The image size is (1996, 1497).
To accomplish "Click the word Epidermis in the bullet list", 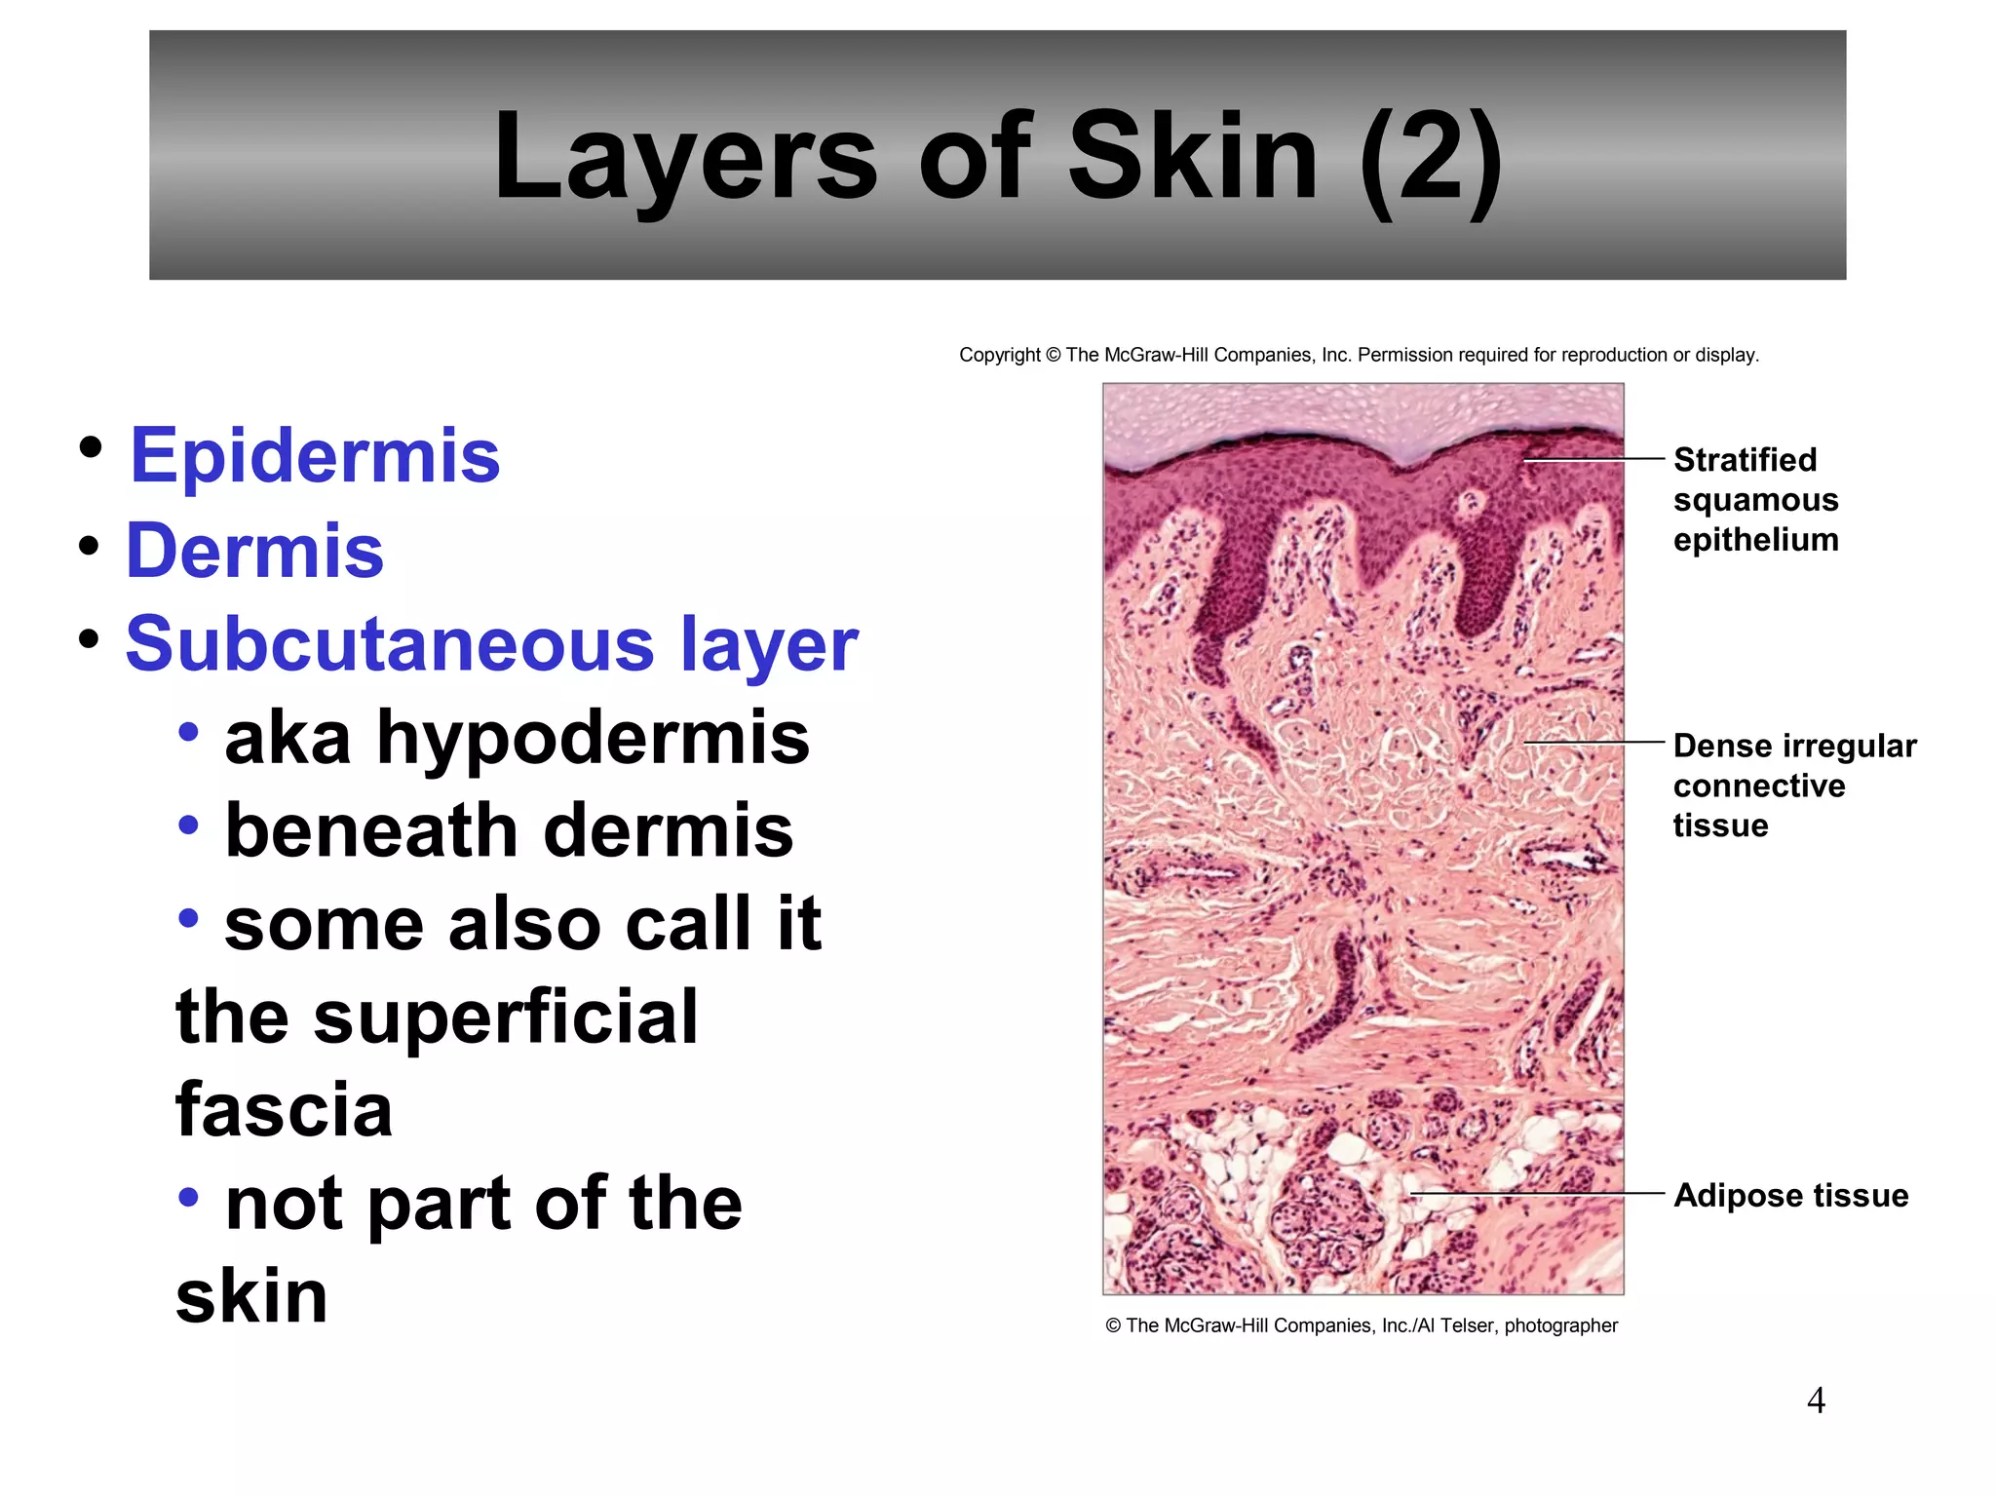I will pyautogui.click(x=315, y=456).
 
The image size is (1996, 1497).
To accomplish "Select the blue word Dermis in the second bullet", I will pyautogui.click(x=255, y=551).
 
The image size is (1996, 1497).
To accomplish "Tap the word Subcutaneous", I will pyautogui.click(x=390, y=644).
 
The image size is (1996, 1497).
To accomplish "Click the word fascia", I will pyautogui.click(x=284, y=1110).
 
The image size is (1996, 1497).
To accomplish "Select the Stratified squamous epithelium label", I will pyautogui.click(x=1755, y=499).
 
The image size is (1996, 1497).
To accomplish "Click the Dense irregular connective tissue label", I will pyautogui.click(x=1794, y=786).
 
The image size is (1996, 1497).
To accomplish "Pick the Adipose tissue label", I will pyautogui.click(x=1790, y=1195).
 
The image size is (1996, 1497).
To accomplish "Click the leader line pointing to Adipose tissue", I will pyautogui.click(x=1537, y=1193).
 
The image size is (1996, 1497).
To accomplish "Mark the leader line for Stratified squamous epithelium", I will pyautogui.click(x=1594, y=458).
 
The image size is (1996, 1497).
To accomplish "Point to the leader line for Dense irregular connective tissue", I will pyautogui.click(x=1594, y=743).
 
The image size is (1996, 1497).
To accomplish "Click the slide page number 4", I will pyautogui.click(x=1816, y=1401).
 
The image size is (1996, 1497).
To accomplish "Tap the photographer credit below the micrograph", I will pyautogui.click(x=1362, y=1325).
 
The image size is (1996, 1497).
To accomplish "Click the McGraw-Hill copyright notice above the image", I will pyautogui.click(x=1359, y=355).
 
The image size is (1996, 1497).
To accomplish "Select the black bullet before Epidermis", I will pyautogui.click(x=92, y=448).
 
